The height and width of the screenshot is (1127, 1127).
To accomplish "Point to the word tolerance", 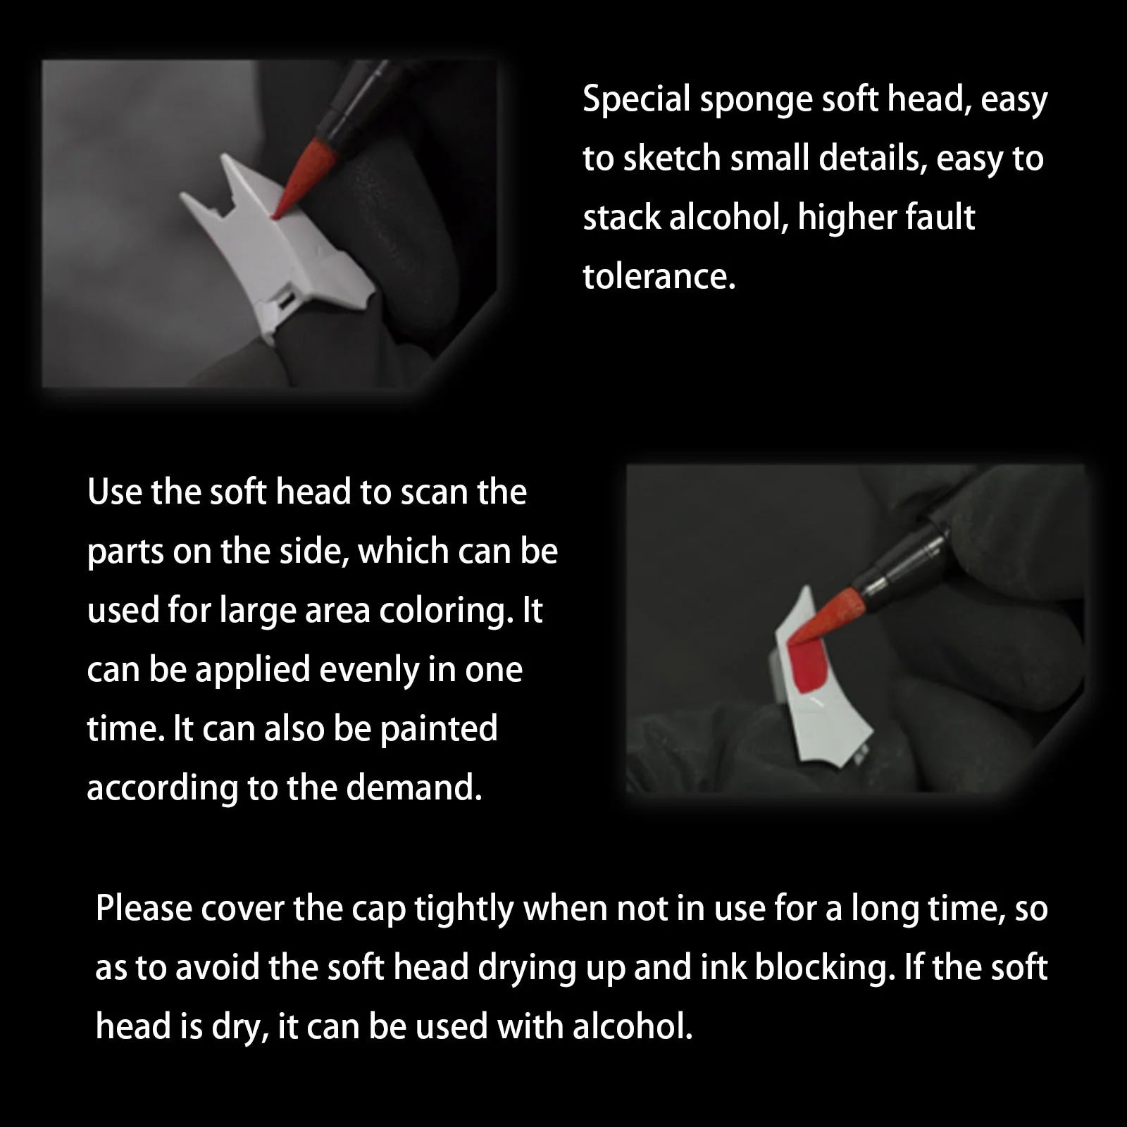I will [659, 275].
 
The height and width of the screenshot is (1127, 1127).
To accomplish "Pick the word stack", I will [621, 217].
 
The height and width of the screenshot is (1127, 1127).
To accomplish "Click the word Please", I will [143, 909].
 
